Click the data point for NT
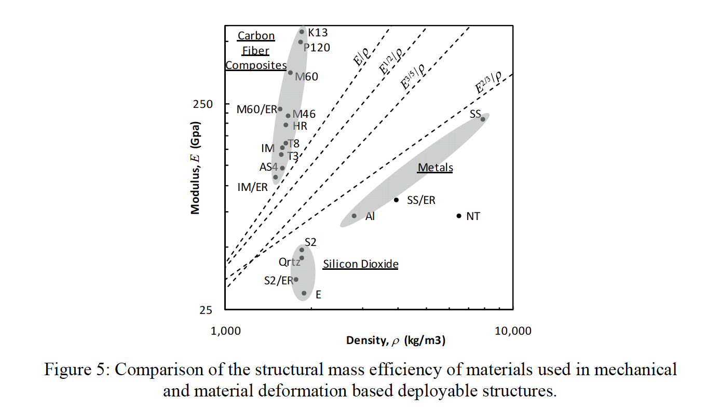(459, 216)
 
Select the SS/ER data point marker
(396, 200)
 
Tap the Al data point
(354, 216)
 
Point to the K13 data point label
(318, 33)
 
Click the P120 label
(317, 48)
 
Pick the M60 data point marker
(290, 73)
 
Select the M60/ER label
(256, 109)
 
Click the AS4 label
(269, 167)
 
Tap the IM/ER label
(252, 187)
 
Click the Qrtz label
(289, 262)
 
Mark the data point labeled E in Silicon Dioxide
(304, 293)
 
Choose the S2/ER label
(278, 281)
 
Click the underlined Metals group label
(436, 168)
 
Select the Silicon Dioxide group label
(360, 264)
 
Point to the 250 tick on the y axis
(203, 104)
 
